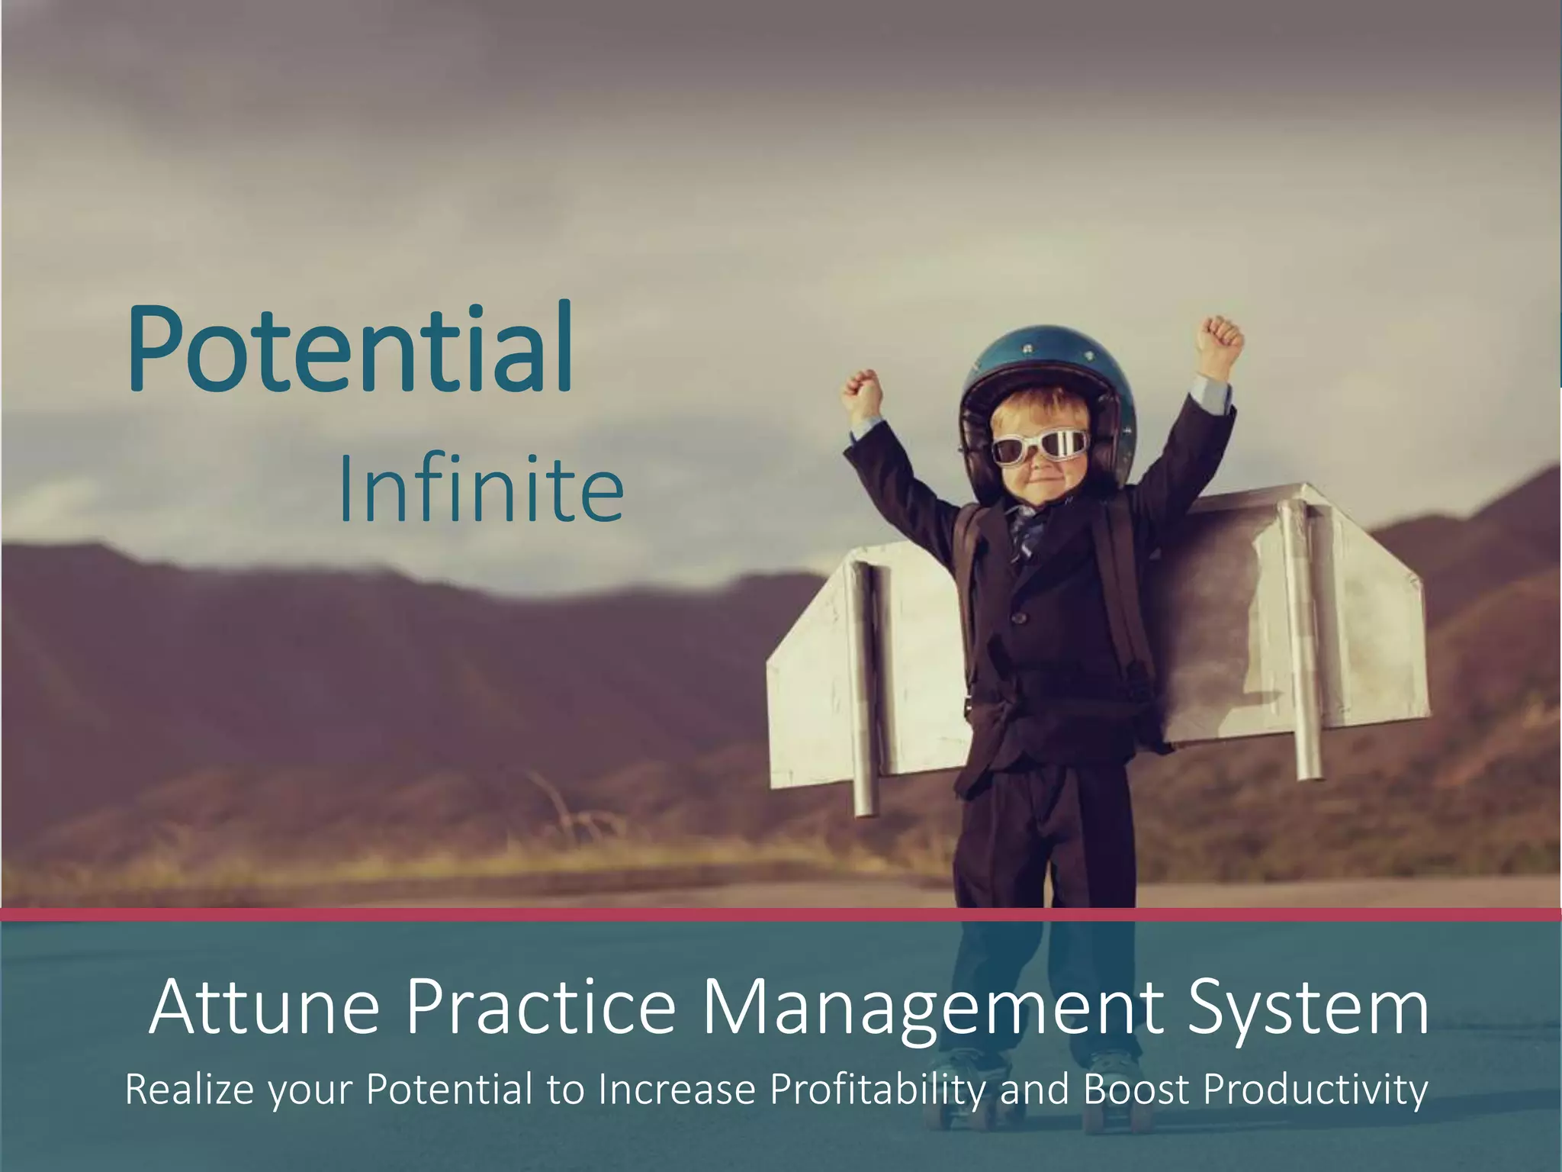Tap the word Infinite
click(x=480, y=488)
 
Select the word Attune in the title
click(x=264, y=1009)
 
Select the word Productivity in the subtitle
click(x=1315, y=1090)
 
